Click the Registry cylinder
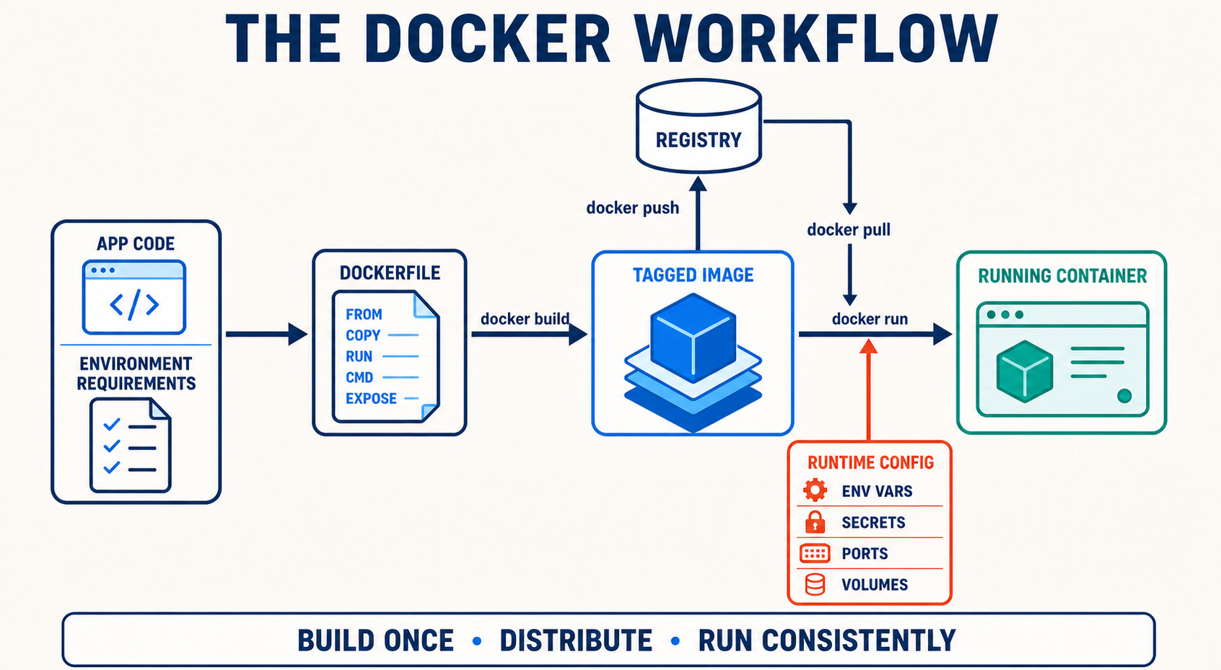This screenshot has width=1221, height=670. [x=699, y=126]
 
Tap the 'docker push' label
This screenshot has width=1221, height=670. [x=632, y=208]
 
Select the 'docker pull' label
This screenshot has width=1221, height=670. [x=849, y=230]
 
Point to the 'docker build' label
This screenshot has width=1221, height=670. [x=525, y=319]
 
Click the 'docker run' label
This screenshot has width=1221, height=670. [x=870, y=319]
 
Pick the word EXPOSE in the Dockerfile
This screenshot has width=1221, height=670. [x=371, y=398]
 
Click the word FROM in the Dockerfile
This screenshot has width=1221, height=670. [x=364, y=314]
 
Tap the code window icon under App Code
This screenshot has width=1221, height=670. [x=134, y=297]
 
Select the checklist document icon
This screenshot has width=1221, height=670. [x=131, y=445]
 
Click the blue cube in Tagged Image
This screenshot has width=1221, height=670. [x=693, y=338]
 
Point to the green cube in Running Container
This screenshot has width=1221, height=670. [x=1024, y=371]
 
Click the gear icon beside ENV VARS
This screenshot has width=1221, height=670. [x=815, y=490]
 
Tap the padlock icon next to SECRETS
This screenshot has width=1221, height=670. [x=815, y=522]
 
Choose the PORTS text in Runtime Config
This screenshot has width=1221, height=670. [x=865, y=553]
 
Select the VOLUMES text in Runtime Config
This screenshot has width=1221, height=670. [x=875, y=584]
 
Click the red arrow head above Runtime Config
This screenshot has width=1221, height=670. [x=868, y=346]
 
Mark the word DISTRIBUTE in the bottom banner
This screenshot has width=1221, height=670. [x=576, y=640]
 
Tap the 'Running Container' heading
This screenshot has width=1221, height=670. [x=1062, y=276]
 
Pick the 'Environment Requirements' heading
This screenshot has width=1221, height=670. [x=136, y=374]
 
